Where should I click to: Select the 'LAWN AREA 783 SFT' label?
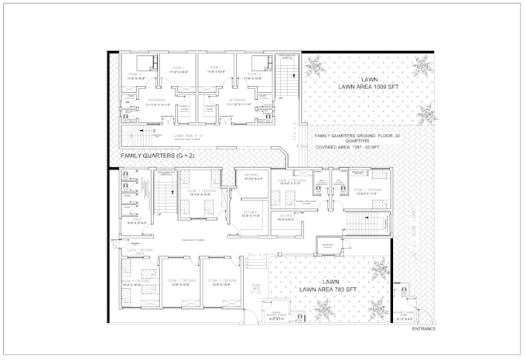pos(331,290)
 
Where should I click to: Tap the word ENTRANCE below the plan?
pos(423,329)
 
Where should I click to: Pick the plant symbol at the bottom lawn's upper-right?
pos(378,271)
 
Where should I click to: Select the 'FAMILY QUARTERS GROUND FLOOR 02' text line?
pos(360,136)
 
